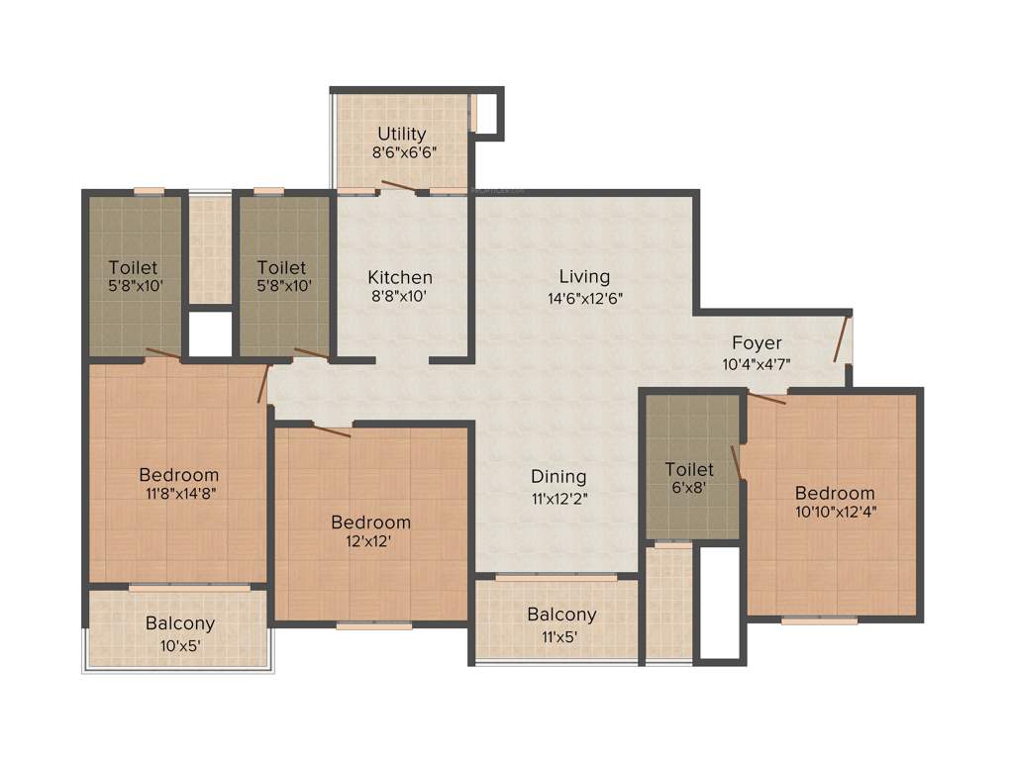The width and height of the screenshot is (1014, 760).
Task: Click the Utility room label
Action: point(401,134)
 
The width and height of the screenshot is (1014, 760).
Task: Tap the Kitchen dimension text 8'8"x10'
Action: point(400,295)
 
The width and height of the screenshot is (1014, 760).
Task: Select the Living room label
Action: point(584,276)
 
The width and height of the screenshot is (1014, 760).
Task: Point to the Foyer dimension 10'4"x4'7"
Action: point(757,363)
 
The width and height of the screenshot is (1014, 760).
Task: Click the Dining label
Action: point(558,476)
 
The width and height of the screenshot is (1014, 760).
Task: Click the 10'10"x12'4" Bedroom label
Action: point(835,493)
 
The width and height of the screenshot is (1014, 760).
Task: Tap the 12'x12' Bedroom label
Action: point(370,522)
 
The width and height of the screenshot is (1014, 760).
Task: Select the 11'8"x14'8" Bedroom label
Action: point(178,475)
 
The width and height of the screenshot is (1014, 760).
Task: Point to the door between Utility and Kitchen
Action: point(399,186)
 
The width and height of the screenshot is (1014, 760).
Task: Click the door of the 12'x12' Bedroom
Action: point(331,427)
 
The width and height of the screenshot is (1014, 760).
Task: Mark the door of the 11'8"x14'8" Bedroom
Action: point(264,383)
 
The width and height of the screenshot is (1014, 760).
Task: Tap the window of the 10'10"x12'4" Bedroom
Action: point(819,620)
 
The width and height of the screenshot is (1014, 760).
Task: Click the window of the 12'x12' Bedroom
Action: point(373,625)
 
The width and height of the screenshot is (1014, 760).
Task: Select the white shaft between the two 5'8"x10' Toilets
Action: point(210,334)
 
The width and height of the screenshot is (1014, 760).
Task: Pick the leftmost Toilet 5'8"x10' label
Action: point(133,267)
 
